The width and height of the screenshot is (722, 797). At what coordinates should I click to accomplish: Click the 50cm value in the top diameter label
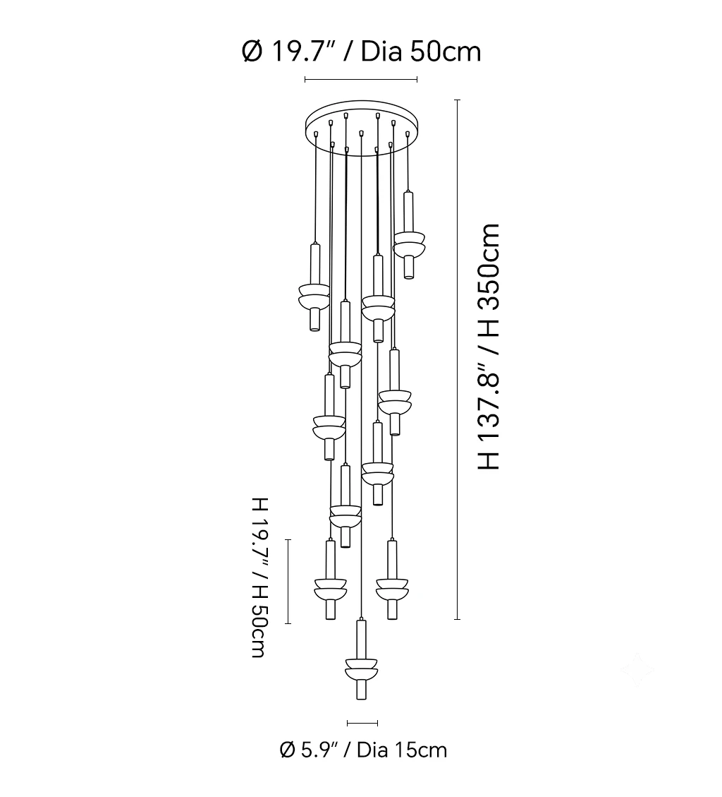(x=446, y=52)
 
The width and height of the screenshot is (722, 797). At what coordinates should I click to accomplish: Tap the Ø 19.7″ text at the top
(x=287, y=52)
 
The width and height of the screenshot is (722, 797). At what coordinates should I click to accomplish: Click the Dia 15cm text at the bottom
(x=402, y=750)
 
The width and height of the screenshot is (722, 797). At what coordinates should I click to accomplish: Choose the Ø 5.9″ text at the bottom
(x=310, y=750)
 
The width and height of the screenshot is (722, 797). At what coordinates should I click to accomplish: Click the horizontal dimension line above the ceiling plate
(x=361, y=79)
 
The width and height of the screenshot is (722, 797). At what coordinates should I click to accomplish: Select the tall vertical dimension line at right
(x=458, y=359)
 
